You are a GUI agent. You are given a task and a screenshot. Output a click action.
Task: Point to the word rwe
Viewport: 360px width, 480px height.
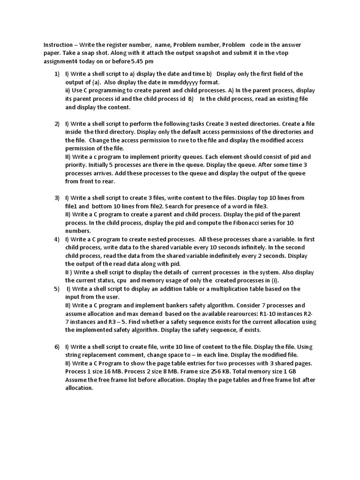(x=186, y=140)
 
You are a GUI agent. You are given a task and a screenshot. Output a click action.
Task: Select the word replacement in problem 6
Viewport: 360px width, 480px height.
(x=100, y=355)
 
